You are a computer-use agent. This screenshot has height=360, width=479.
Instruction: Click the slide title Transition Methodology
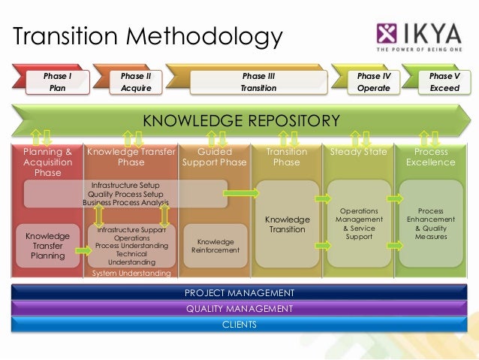pyautogui.click(x=147, y=36)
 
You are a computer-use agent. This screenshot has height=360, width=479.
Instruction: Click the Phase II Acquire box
pyautogui.click(x=136, y=82)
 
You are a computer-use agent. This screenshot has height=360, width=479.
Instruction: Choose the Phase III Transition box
pyautogui.click(x=258, y=82)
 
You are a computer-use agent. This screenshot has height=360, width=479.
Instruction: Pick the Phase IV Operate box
pyautogui.click(x=373, y=82)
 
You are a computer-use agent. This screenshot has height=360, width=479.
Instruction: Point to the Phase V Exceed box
pyautogui.click(x=440, y=82)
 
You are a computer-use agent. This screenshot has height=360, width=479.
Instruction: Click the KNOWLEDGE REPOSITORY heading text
pyautogui.click(x=241, y=120)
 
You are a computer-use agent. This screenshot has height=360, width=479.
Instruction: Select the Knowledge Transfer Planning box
pyautogui.click(x=48, y=246)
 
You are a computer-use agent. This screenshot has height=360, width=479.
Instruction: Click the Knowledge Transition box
pyautogui.click(x=286, y=224)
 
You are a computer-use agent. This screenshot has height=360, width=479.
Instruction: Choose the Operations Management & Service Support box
pyautogui.click(x=359, y=224)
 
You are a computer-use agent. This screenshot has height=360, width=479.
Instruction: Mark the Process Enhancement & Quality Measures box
pyautogui.click(x=430, y=224)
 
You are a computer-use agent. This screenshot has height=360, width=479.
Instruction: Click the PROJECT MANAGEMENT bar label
pyautogui.click(x=239, y=292)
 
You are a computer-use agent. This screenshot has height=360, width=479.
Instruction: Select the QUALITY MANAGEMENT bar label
pyautogui.click(x=239, y=308)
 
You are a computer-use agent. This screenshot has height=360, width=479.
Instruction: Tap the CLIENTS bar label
pyautogui.click(x=239, y=324)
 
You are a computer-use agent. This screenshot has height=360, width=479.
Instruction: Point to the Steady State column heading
pyautogui.click(x=358, y=152)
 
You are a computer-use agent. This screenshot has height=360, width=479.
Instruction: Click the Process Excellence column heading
pyautogui.click(x=430, y=156)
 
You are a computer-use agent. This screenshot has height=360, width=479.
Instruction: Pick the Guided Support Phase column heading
pyautogui.click(x=214, y=156)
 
